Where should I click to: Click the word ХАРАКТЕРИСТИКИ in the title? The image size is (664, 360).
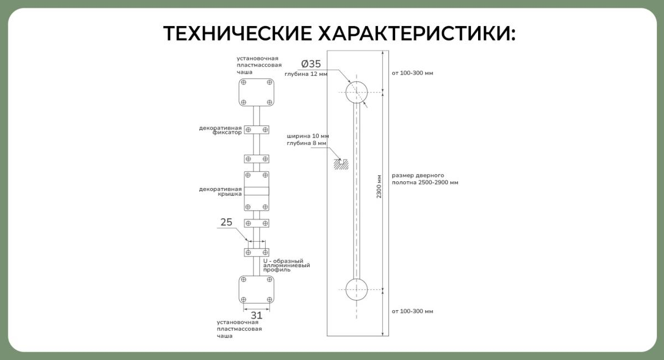coord(417,33)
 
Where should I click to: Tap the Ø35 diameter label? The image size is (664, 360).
coord(311,64)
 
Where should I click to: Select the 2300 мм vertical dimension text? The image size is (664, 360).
coord(379,186)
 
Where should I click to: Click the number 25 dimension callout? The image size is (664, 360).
coord(226,222)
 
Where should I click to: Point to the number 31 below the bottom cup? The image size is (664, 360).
coord(256,315)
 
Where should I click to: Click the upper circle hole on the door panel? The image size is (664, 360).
coord(356,92)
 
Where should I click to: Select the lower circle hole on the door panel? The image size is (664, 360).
coord(356,289)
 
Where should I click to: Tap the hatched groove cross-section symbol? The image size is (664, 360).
coord(341,164)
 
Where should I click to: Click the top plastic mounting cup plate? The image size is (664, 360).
coord(256,92)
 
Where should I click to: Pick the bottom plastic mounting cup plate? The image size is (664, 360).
coord(256,289)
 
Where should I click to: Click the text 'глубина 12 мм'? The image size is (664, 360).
coord(306,74)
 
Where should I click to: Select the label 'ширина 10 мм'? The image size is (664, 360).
coord(308,136)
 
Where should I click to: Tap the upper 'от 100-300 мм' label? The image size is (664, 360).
coord(412,73)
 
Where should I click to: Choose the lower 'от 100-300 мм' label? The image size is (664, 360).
coord(412,311)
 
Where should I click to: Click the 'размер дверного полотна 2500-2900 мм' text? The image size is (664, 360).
coord(425,179)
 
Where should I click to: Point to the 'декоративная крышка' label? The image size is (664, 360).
coord(220,191)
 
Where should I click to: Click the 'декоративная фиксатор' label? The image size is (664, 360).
coord(220,130)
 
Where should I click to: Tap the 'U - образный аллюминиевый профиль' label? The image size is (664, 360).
coord(287,265)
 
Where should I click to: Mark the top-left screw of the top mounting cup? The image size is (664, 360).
coord(243,82)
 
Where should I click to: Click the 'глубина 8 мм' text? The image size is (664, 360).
coord(307,143)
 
